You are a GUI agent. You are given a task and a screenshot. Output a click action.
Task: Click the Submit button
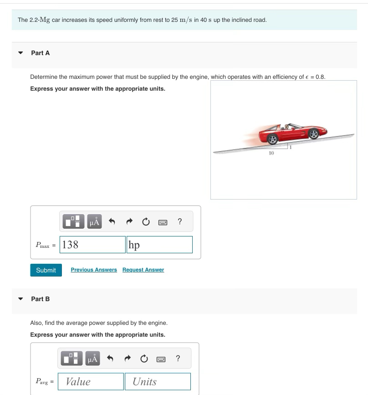(46, 270)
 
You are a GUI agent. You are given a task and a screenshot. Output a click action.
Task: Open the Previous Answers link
(94, 270)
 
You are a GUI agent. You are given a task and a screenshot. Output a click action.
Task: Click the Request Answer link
(143, 270)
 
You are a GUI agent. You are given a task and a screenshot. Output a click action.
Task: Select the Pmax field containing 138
(93, 245)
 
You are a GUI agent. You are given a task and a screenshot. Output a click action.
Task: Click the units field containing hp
(160, 245)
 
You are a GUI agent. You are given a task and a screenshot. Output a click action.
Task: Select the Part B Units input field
(158, 382)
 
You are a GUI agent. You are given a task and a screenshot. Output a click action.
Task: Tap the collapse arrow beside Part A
(20, 53)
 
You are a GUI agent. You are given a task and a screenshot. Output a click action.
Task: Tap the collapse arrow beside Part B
(20, 299)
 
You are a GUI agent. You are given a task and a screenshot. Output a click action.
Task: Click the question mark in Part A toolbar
(180, 222)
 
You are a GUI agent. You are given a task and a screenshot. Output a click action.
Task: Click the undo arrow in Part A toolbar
(112, 222)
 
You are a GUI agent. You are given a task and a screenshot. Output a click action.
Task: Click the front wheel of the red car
(313, 134)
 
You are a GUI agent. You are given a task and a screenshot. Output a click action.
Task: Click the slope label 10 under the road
(271, 154)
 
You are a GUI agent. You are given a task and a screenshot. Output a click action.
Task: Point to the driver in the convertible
(286, 128)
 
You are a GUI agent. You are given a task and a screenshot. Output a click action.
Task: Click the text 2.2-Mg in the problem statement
(40, 20)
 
